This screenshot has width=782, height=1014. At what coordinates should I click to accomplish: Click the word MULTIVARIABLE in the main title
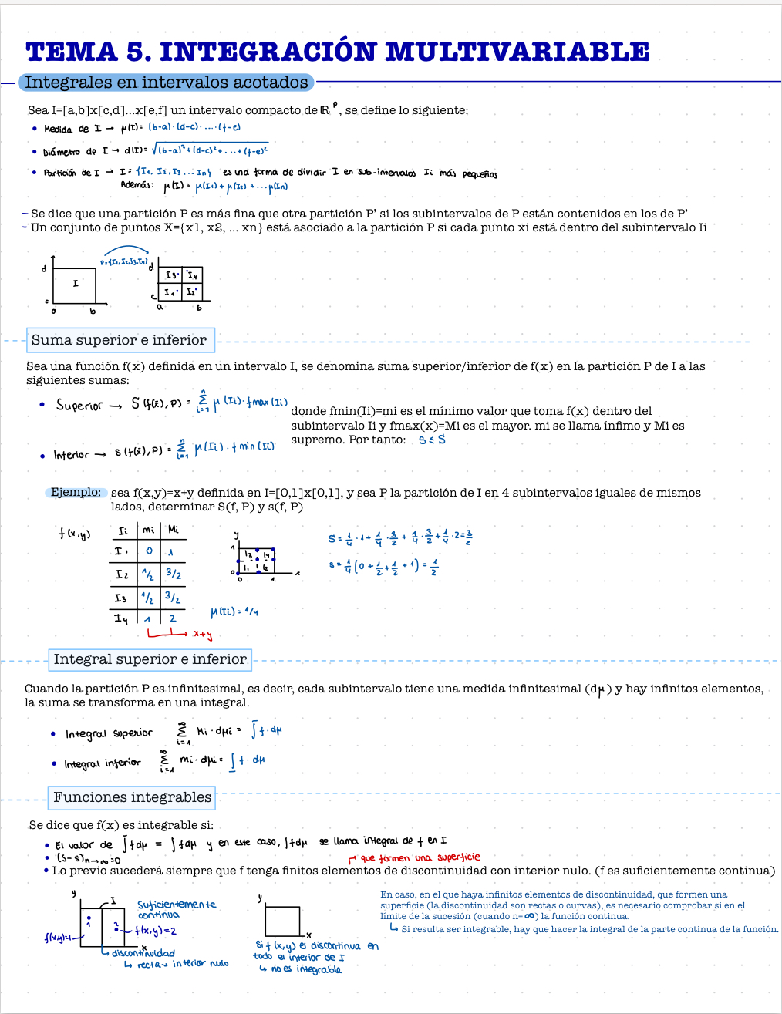click(517, 52)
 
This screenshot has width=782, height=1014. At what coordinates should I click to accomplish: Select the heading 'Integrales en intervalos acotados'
click(167, 83)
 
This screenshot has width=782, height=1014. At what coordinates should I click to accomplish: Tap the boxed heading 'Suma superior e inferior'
click(119, 340)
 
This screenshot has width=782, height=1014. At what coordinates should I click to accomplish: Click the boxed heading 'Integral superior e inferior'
click(150, 659)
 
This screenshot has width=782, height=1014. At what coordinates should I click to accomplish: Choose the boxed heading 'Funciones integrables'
click(132, 797)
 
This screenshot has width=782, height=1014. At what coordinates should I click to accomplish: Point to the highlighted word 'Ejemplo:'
click(76, 492)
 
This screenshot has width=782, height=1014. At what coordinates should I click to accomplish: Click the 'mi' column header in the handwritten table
click(149, 530)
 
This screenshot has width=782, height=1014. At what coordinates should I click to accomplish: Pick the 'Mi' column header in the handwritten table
click(174, 530)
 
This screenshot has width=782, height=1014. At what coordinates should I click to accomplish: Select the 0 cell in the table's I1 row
click(149, 551)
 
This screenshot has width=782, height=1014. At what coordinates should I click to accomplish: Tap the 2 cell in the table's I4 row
click(173, 618)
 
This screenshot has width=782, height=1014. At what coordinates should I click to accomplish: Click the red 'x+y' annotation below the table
click(202, 635)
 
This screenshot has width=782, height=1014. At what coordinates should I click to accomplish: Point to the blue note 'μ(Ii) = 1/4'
click(234, 611)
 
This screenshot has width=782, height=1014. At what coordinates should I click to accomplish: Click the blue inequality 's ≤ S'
click(432, 440)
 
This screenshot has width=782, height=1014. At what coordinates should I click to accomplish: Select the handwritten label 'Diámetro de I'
click(70, 152)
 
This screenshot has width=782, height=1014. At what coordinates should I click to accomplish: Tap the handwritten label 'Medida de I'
click(67, 129)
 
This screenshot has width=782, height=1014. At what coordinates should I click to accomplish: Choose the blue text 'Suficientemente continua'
click(177, 909)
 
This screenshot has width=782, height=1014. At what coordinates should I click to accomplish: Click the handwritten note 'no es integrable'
click(306, 969)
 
